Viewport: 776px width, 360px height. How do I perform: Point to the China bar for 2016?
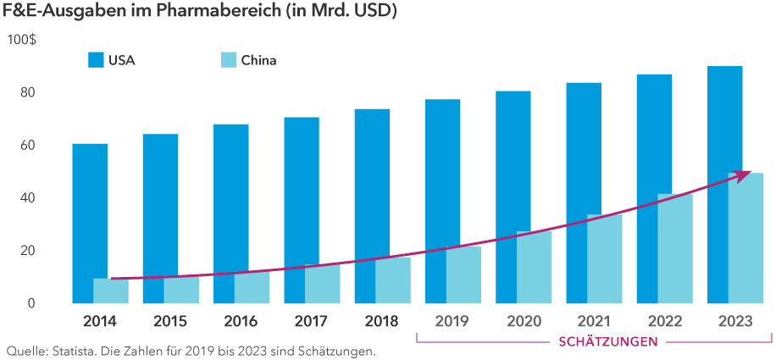coord(252,288)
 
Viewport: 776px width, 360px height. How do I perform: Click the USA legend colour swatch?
coord(96,60)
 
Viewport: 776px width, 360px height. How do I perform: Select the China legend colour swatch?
coord(226,60)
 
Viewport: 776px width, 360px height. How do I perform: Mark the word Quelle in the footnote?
coord(25,350)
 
